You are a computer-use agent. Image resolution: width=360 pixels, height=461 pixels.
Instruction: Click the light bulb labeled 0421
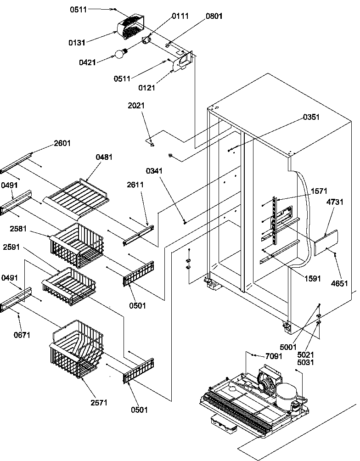tap(120, 54)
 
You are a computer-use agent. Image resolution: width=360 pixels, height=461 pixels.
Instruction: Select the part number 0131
tap(77, 43)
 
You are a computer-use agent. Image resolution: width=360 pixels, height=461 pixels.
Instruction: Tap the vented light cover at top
tap(131, 26)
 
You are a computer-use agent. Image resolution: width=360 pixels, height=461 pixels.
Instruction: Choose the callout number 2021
tap(136, 106)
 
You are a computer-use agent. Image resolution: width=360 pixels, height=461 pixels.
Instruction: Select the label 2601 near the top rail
tap(62, 143)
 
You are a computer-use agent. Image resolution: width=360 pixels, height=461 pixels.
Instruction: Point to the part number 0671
tap(22, 335)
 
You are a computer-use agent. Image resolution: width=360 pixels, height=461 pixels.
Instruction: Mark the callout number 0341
tap(154, 171)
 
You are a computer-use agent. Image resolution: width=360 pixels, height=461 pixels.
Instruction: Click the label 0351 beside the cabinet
tap(311, 117)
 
